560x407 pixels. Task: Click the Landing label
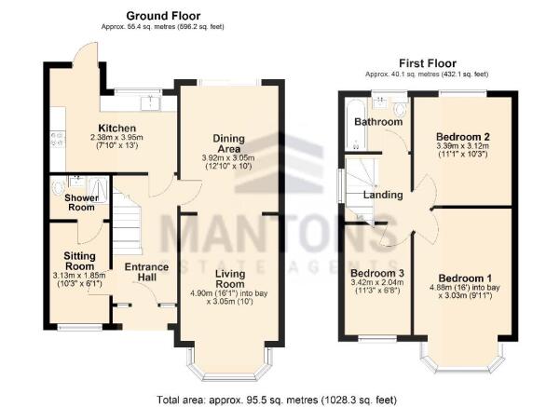click(x=383, y=195)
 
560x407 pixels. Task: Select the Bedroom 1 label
click(x=463, y=279)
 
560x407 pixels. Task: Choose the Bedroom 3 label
click(x=372, y=248)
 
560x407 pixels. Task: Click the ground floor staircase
click(x=126, y=228)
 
